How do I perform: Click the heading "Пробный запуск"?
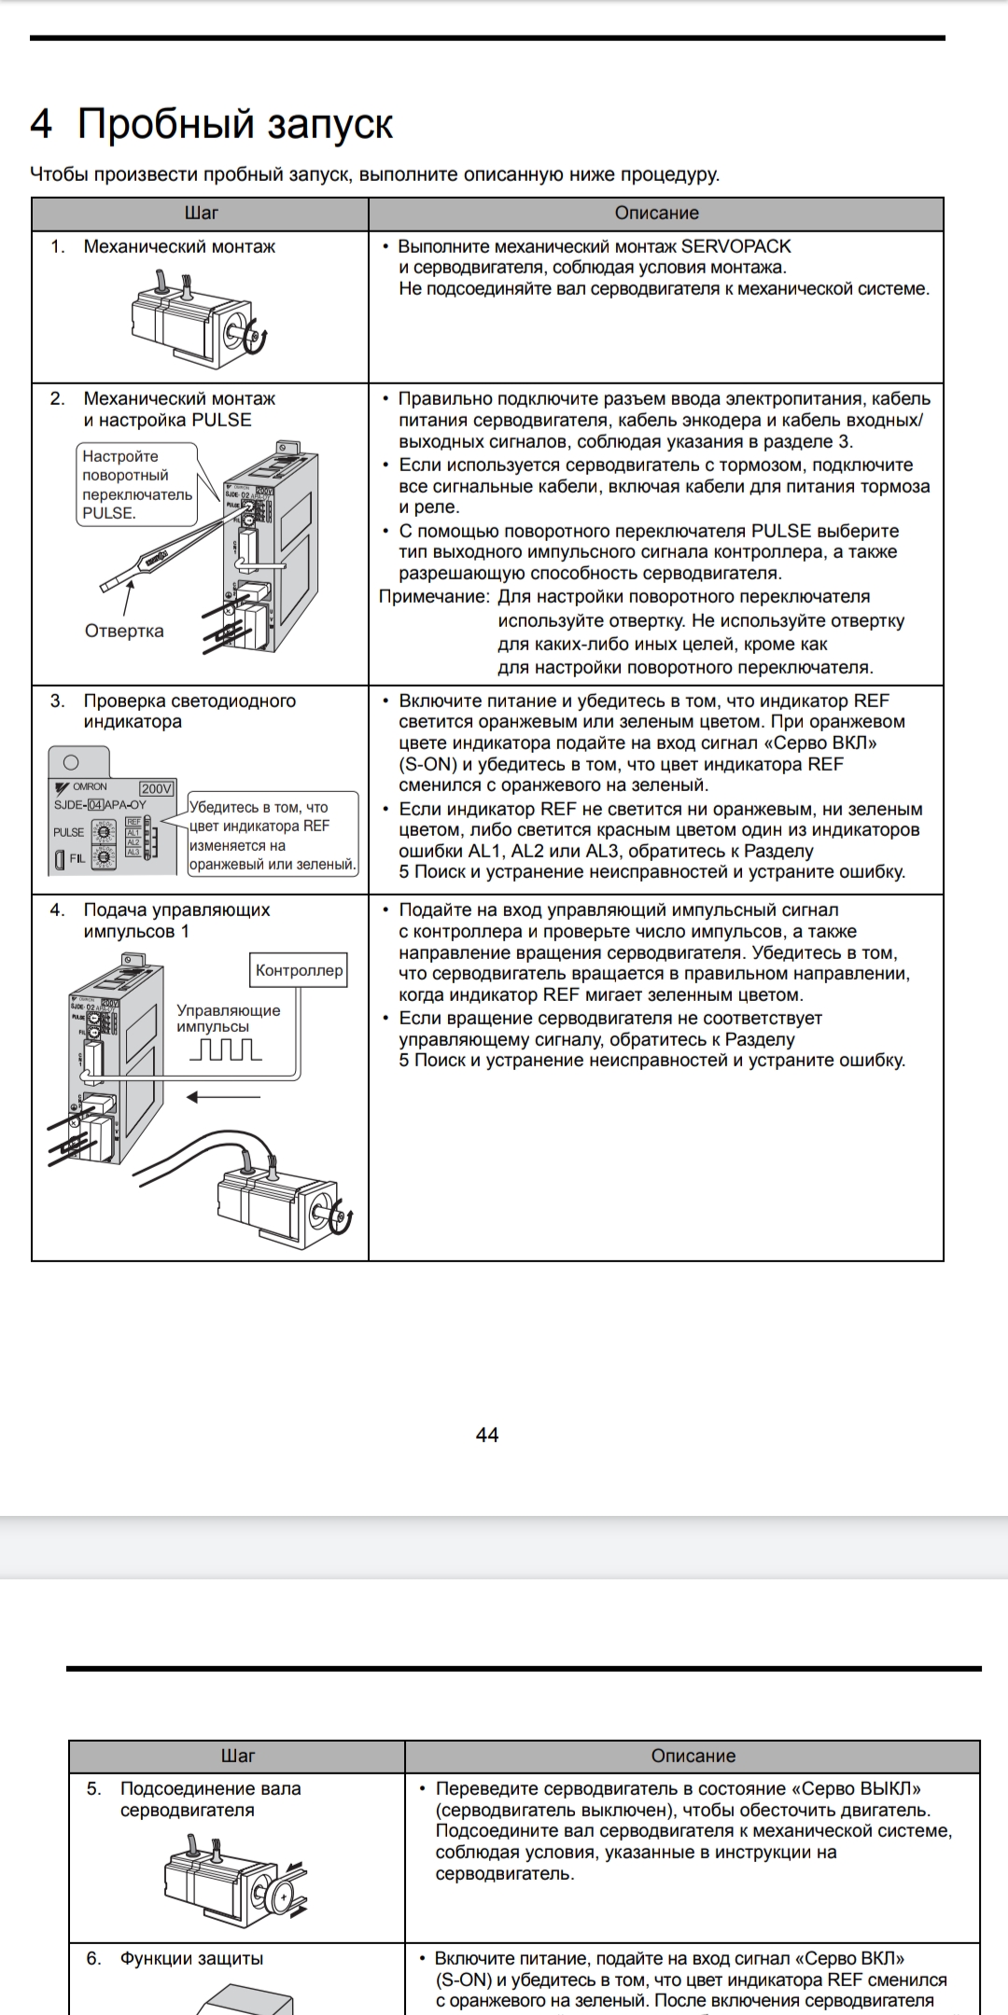pyautogui.click(x=234, y=124)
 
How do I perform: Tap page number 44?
pyautogui.click(x=487, y=1435)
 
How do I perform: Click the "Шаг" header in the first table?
pyautogui.click(x=202, y=214)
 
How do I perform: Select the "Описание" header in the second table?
pyautogui.click(x=693, y=1756)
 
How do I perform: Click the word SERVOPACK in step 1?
pyautogui.click(x=735, y=246)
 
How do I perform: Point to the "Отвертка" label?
pyautogui.click(x=124, y=631)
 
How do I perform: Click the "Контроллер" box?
pyautogui.click(x=299, y=970)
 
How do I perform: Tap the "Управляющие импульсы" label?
pyautogui.click(x=228, y=1018)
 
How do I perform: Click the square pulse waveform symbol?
pyautogui.click(x=226, y=1050)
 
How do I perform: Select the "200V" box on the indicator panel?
pyautogui.click(x=156, y=788)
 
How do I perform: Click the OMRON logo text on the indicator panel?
pyautogui.click(x=90, y=786)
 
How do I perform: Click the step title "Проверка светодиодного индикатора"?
pyautogui.click(x=189, y=711)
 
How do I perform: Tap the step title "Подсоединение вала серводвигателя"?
pyautogui.click(x=210, y=1799)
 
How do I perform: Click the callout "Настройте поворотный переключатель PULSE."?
pyautogui.click(x=136, y=484)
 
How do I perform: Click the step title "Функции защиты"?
pyautogui.click(x=191, y=1958)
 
